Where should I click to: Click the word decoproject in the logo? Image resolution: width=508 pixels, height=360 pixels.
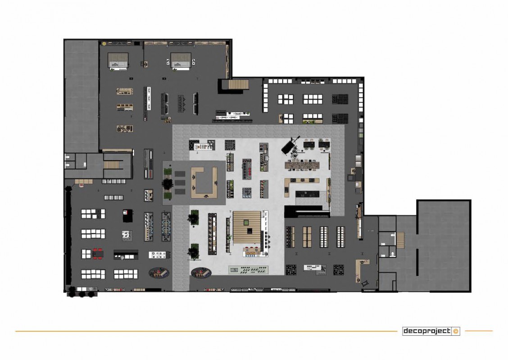coord(427,331)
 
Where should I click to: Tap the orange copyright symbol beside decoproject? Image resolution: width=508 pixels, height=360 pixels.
coord(456,331)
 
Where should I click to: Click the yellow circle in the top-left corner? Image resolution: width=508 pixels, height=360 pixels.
coord(104,43)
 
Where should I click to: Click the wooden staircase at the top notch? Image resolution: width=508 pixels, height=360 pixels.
coord(238,84)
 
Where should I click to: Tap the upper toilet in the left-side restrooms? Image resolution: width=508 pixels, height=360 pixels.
coord(68,157)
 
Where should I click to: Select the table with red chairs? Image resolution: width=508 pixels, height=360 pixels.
coord(98,253)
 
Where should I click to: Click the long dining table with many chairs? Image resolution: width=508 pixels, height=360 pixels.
coord(302,165)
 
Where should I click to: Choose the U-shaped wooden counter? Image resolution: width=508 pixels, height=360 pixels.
coord(204,183)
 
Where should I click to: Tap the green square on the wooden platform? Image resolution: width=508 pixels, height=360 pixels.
coord(246,222)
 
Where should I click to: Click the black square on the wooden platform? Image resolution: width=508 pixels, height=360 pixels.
coord(249,230)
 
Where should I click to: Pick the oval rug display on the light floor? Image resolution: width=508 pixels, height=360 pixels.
coord(201,273)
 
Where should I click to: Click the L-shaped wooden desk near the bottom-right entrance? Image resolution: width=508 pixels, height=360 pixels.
coord(361,269)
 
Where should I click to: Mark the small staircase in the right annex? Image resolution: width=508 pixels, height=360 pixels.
coord(400,240)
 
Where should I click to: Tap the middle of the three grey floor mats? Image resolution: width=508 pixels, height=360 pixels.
coord(180,183)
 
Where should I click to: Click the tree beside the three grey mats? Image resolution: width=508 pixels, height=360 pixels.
coord(168,184)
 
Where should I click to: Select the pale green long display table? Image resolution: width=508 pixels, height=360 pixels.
coord(249,270)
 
